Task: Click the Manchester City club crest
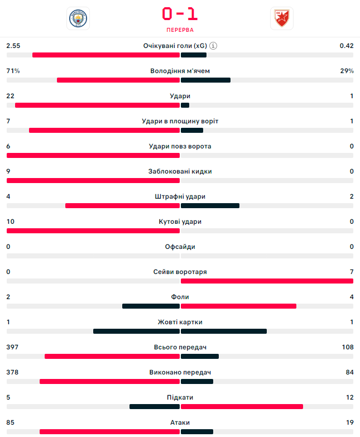[x=77, y=18]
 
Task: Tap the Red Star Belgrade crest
[x=281, y=18]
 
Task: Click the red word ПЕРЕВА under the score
[x=180, y=30]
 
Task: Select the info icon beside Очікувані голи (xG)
[x=213, y=46]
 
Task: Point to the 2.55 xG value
[x=13, y=46]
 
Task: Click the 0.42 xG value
[x=346, y=46]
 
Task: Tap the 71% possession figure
[x=13, y=71]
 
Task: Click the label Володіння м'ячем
[x=180, y=71]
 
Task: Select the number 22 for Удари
[x=10, y=96]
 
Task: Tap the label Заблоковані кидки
[x=180, y=171]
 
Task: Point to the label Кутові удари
[x=180, y=222]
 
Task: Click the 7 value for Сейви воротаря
[x=352, y=272]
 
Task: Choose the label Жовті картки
[x=180, y=322]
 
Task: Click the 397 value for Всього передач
[x=12, y=347]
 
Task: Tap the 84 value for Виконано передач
[x=349, y=372]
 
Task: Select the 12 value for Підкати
[x=349, y=397]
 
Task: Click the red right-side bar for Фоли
[x=238, y=306]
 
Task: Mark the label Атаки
[x=180, y=422]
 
